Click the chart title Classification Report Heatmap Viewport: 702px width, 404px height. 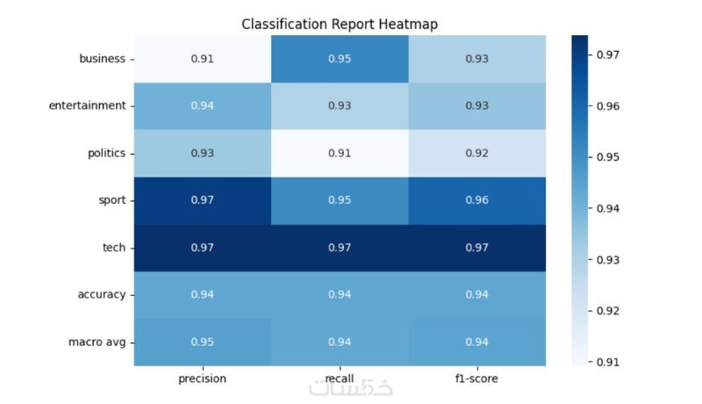point(339,24)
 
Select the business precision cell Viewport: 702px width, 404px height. point(202,59)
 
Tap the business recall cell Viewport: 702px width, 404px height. point(340,59)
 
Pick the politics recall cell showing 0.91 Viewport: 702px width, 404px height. point(340,154)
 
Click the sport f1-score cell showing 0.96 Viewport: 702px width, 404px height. point(476,200)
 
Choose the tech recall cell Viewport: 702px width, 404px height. point(340,248)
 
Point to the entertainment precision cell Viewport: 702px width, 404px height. point(202,106)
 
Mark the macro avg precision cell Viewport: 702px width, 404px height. point(202,342)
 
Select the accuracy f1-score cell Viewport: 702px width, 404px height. point(476,294)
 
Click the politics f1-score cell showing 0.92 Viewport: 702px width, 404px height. point(476,154)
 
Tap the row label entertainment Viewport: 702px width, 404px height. point(87,106)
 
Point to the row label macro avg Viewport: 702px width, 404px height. point(99,342)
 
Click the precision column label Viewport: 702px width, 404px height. point(202,379)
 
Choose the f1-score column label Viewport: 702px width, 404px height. point(476,379)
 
